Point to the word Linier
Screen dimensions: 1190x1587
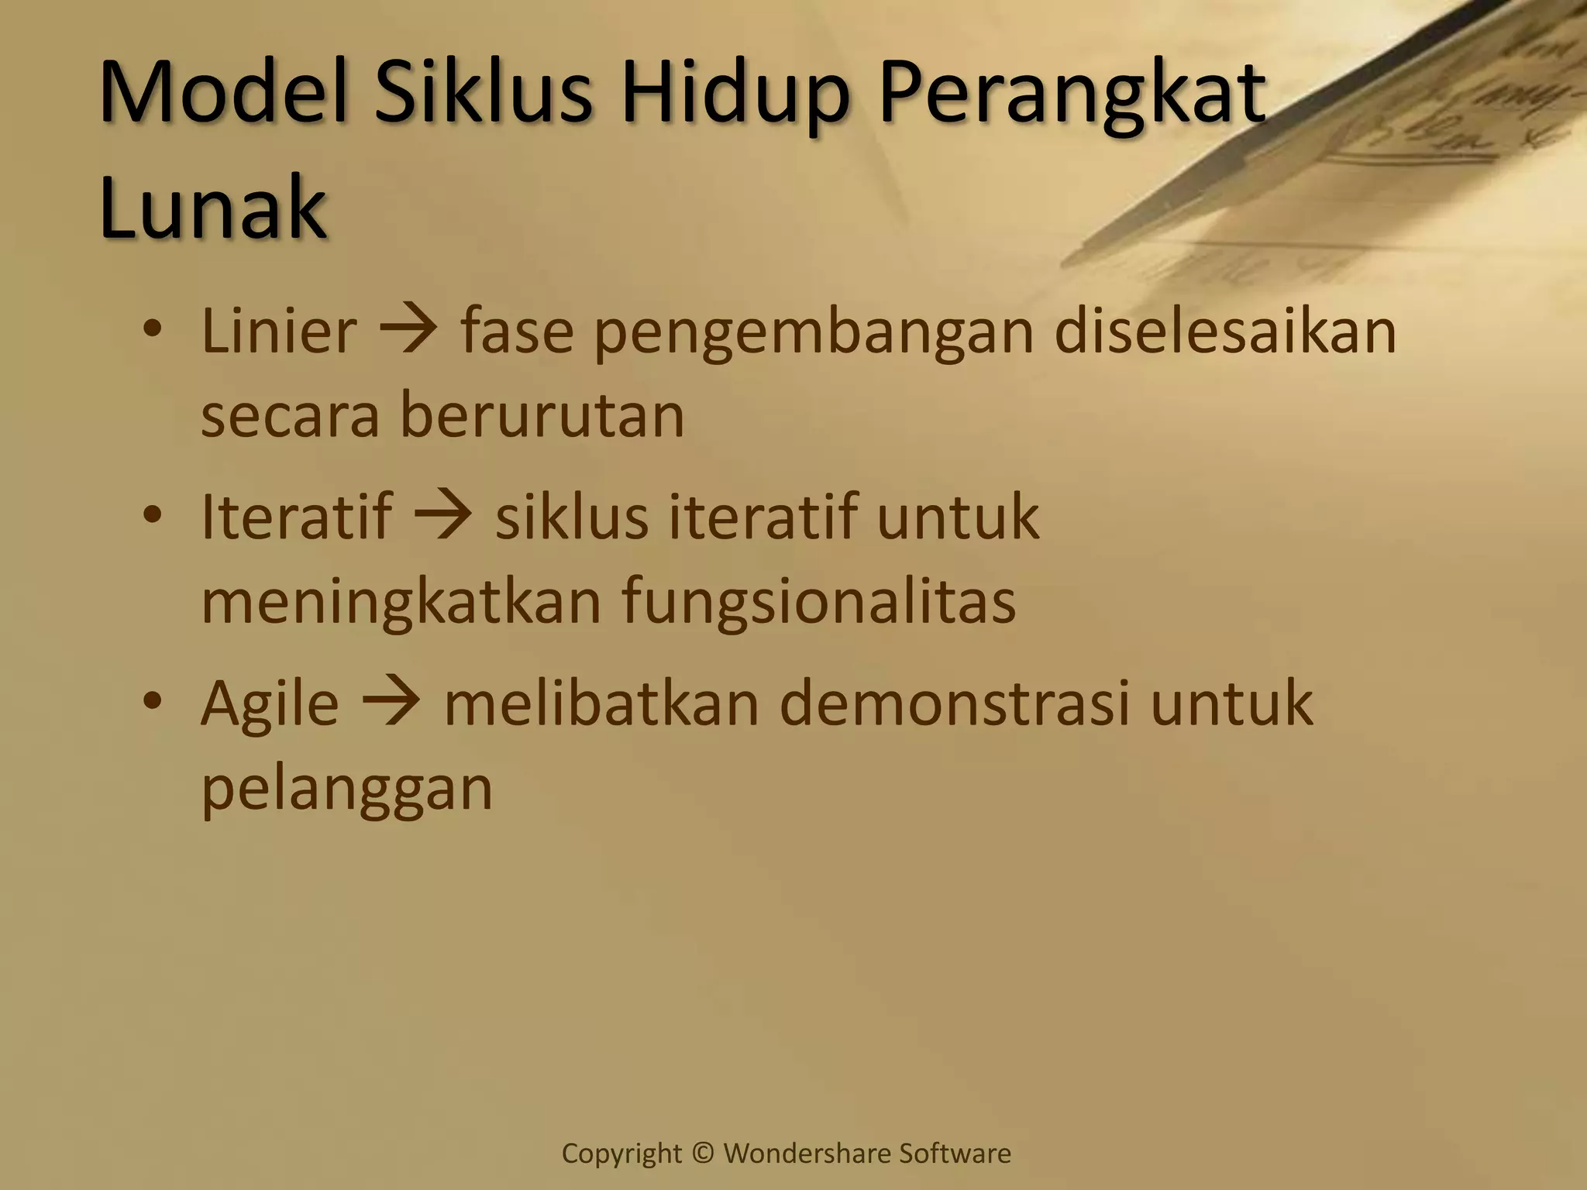279,332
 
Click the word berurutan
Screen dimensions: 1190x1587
542,416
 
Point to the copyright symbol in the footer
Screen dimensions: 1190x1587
703,1154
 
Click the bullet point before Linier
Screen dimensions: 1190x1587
153,331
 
